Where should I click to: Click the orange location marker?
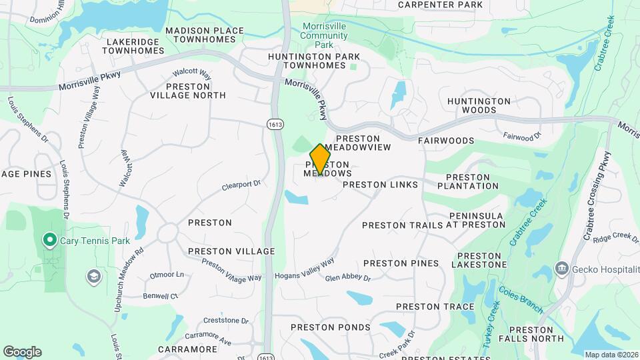[x=321, y=159]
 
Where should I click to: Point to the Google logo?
[x=22, y=352]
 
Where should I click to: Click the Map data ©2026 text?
[x=611, y=354]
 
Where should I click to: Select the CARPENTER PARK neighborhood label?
[x=440, y=5]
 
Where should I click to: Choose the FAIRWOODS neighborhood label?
[x=446, y=141]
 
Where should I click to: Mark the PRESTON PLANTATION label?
[x=472, y=181]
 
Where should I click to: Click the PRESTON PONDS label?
[x=331, y=327]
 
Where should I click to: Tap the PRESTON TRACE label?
[x=435, y=307]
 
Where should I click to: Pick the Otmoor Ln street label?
[x=167, y=275]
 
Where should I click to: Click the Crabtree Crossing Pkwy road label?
[x=593, y=193]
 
